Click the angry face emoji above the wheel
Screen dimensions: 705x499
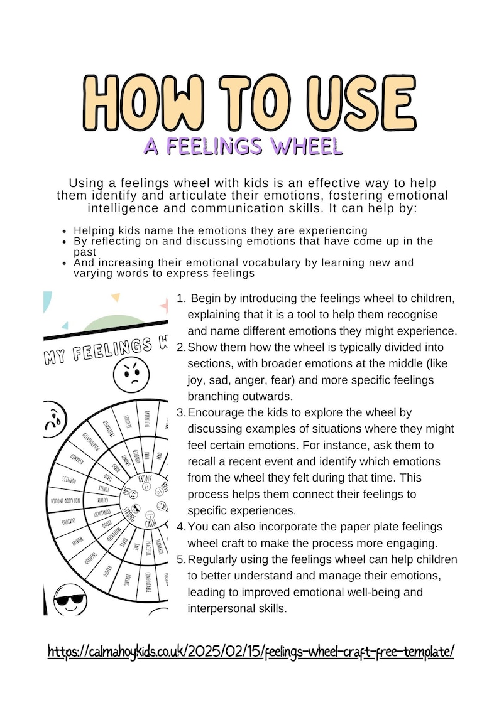pyautogui.click(x=131, y=375)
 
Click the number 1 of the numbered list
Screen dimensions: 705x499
pyautogui.click(x=181, y=298)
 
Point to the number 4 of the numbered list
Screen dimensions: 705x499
pyautogui.click(x=181, y=527)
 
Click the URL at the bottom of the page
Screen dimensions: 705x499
pyautogui.click(x=250, y=651)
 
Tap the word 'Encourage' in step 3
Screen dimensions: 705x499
pyautogui.click(x=215, y=412)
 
